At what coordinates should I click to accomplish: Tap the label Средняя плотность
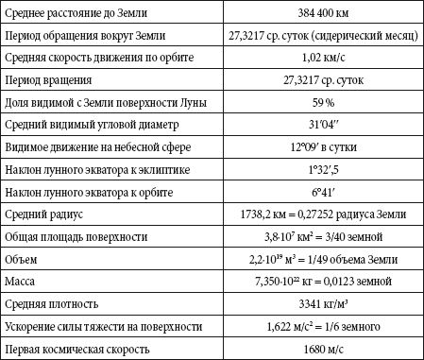(x=53, y=304)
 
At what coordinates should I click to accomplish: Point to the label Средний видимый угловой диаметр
(x=91, y=123)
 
